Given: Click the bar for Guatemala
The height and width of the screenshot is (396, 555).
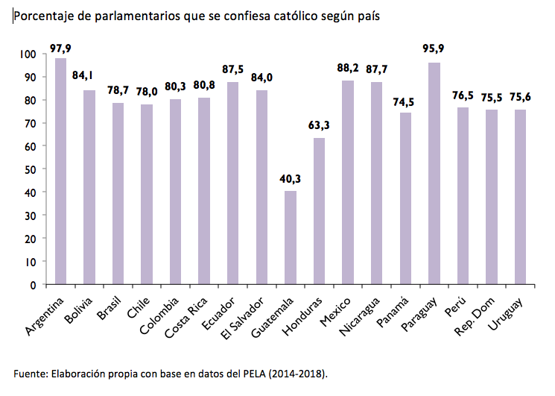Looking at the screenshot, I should tap(291, 238).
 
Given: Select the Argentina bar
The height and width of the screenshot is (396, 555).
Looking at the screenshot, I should tap(60, 172).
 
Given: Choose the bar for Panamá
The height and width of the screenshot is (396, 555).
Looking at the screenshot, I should tap(405, 198).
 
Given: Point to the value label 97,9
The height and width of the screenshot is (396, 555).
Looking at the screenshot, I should tap(60, 48).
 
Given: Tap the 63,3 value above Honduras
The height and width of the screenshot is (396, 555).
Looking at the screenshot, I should tap(319, 125).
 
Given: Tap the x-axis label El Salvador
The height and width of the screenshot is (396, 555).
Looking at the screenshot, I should tap(247, 315).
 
